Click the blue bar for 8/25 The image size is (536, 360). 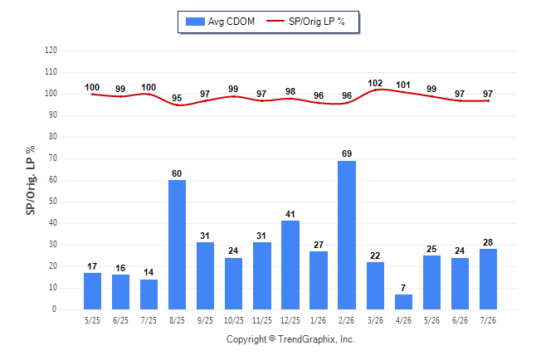point(177,245)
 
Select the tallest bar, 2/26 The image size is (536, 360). point(347,236)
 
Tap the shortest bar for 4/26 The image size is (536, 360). point(403,302)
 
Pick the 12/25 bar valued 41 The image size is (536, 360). point(290,265)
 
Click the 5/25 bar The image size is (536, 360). point(92,291)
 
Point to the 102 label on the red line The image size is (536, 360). point(375,84)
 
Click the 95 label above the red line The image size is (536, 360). point(177,98)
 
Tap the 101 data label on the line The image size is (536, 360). point(403,85)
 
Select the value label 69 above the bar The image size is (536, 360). point(347,153)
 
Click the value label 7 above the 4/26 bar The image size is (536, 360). point(403,288)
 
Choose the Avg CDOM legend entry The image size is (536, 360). point(220,22)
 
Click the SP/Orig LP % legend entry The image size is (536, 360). point(305,22)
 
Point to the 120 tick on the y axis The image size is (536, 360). point(51,51)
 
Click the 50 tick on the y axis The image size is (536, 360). point(52,202)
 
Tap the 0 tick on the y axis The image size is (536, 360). point(55,309)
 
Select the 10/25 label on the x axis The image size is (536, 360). point(234,320)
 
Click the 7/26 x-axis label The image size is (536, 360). point(488,320)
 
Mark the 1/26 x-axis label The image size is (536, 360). point(319,320)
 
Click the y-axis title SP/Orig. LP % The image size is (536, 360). point(31,181)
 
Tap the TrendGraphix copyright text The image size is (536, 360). point(290,339)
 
